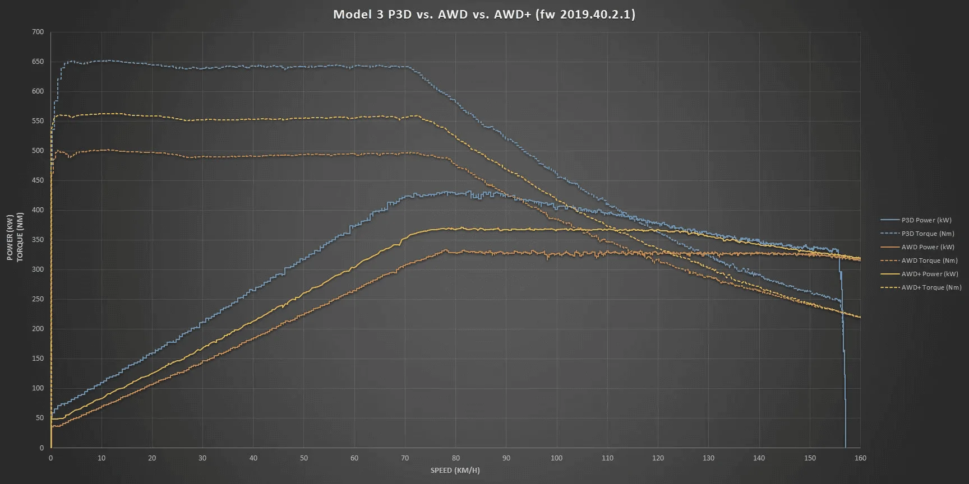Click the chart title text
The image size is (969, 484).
(484, 15)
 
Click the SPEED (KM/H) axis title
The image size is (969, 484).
(455, 470)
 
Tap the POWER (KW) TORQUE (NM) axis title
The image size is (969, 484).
(15, 238)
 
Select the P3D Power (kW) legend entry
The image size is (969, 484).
(926, 220)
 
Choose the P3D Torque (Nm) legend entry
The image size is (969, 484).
(928, 234)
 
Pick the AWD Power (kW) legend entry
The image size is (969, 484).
(928, 247)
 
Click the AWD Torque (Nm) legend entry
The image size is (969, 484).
(929, 260)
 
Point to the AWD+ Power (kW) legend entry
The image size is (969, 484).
(930, 274)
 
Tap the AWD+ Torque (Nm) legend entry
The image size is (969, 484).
(931, 287)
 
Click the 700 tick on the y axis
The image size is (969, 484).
(38, 32)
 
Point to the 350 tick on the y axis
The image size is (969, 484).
(38, 240)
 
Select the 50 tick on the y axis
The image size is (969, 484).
(39, 418)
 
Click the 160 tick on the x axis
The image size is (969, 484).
(860, 458)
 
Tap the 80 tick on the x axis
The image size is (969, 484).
(455, 458)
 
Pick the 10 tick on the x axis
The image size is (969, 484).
(101, 458)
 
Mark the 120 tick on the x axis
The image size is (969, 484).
(658, 458)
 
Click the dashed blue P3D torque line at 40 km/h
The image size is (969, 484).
(253, 66)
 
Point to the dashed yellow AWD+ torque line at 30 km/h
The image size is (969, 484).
(202, 119)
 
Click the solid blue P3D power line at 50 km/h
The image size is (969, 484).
(304, 258)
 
